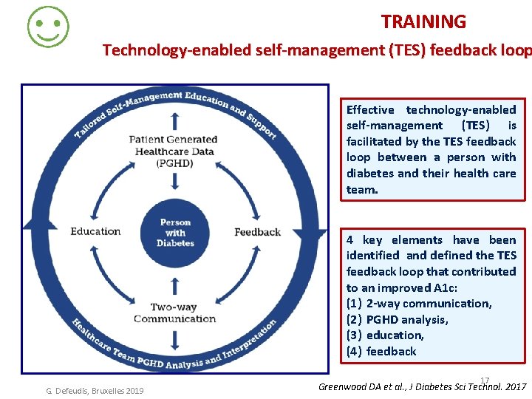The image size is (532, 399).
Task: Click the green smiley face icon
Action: [48, 27]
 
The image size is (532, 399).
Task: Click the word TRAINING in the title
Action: [423, 22]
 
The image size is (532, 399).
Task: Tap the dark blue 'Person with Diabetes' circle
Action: [175, 232]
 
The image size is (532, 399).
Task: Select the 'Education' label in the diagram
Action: [95, 231]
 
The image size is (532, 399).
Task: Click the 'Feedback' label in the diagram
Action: [257, 232]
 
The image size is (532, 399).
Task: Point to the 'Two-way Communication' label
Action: [175, 313]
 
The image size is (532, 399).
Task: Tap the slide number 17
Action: [485, 380]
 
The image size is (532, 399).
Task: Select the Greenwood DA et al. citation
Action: [422, 386]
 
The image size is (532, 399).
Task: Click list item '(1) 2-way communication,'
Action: [419, 304]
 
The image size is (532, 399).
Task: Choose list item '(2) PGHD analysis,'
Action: [398, 320]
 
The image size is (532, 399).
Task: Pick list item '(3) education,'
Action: [385, 335]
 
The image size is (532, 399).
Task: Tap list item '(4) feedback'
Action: [381, 352]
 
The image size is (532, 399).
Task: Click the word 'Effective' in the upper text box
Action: [370, 110]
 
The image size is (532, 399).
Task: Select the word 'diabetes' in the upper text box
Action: [370, 174]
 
